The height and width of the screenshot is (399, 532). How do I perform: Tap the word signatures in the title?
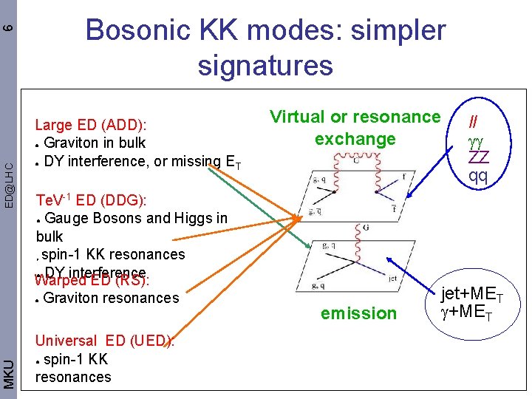click(x=265, y=65)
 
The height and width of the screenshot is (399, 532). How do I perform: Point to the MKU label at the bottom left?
click(x=8, y=372)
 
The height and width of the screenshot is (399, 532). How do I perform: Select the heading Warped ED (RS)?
click(x=92, y=281)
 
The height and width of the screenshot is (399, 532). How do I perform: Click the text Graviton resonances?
click(x=111, y=298)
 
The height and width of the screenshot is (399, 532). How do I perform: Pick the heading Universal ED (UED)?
click(x=104, y=341)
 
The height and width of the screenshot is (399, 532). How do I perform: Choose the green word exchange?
click(x=355, y=139)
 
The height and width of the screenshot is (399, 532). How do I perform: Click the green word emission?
click(x=358, y=313)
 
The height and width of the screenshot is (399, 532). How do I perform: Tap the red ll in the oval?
click(x=476, y=120)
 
